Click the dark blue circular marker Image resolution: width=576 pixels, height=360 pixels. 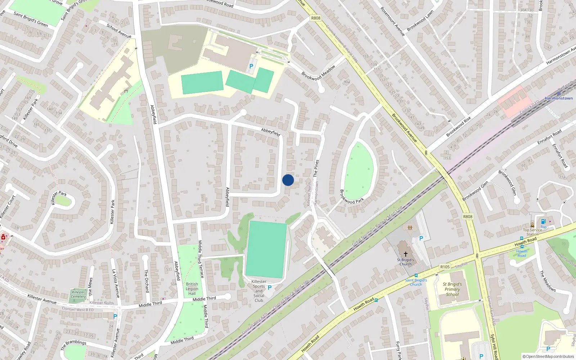click(x=288, y=180)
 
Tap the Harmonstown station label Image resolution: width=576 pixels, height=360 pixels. click(x=558, y=98)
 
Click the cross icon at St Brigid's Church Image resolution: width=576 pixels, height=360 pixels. click(x=406, y=254)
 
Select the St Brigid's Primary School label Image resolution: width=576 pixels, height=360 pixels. click(x=452, y=289)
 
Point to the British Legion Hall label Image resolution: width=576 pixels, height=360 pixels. click(x=192, y=289)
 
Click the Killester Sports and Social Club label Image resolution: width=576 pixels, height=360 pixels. click(x=259, y=291)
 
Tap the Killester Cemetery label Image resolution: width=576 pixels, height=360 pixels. click(x=78, y=294)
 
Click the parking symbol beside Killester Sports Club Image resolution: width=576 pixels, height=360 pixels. click(x=270, y=288)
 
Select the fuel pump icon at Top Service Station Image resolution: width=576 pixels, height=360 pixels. click(x=543, y=221)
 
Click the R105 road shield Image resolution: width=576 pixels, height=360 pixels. click(x=445, y=267)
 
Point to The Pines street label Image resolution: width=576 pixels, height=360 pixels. click(x=316, y=168)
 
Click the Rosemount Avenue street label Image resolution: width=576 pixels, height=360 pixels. click(x=393, y=21)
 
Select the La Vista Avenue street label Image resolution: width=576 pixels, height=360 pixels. click(x=116, y=283)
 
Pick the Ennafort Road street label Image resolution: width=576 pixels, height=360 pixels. click(x=549, y=137)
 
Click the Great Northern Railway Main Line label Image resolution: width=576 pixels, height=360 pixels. click(x=377, y=226)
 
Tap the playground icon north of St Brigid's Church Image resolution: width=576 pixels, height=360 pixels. click(x=410, y=228)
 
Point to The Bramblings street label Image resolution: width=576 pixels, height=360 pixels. click(x=73, y=345)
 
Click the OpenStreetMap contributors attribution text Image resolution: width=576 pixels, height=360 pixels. click(x=548, y=356)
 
